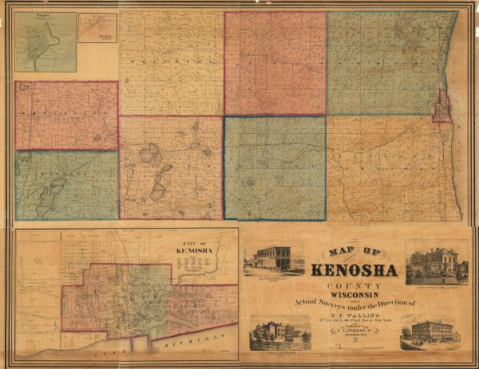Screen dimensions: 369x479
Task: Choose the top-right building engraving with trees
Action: [x=437, y=262]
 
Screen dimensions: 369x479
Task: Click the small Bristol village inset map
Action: [x=97, y=39]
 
